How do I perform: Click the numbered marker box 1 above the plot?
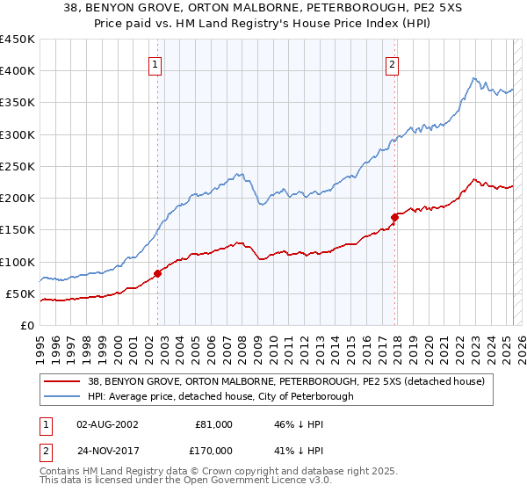[155, 63]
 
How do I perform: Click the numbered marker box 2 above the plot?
[392, 63]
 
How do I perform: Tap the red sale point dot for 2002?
[158, 273]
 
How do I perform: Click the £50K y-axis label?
[21, 293]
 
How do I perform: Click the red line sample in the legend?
[61, 380]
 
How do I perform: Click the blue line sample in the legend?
[61, 396]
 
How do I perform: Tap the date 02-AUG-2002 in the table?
[107, 424]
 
